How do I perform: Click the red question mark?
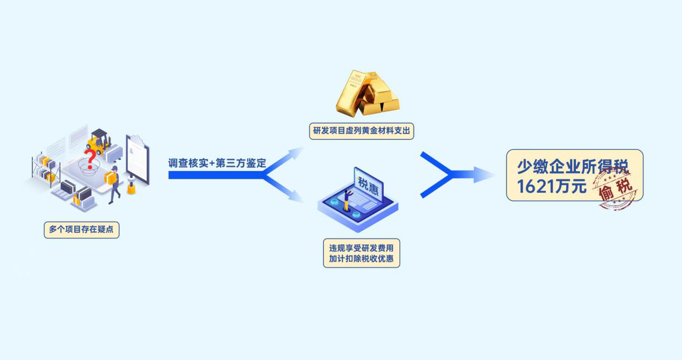click(91, 159)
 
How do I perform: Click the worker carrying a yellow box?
click(114, 183)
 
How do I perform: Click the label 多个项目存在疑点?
click(81, 230)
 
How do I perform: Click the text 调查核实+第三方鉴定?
click(217, 164)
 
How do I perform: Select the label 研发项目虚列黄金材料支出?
click(361, 131)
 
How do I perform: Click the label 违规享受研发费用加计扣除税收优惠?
click(361, 253)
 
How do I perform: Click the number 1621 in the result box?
click(536, 187)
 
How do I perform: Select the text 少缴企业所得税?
click(573, 167)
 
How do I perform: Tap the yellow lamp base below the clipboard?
click(131, 189)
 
